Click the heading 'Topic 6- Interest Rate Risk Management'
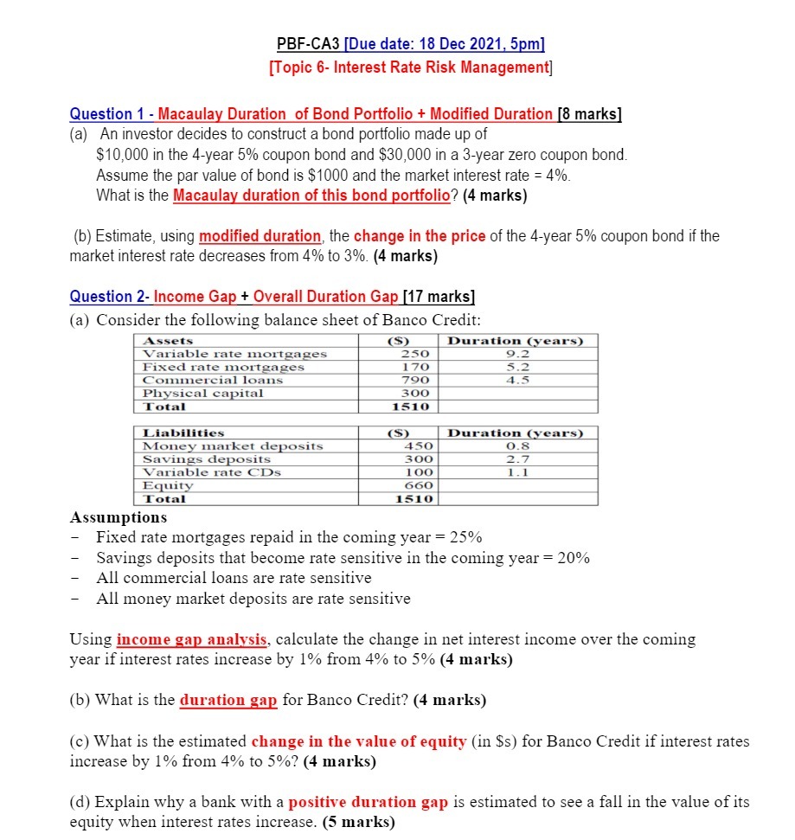411,67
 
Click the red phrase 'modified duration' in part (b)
260,236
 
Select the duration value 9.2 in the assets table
515,354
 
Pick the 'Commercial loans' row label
213,380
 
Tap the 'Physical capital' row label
203,393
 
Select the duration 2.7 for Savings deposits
516,459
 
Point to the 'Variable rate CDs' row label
212,472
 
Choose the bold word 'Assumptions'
119,517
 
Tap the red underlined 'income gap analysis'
192,640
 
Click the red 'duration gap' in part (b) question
228,700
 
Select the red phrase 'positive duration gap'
368,802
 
